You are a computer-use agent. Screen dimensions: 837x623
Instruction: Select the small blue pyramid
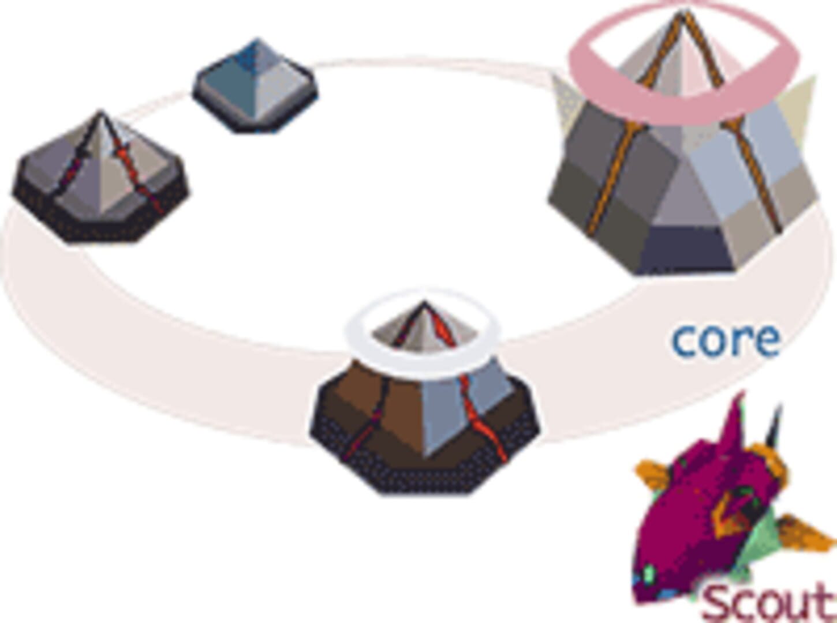click(255, 86)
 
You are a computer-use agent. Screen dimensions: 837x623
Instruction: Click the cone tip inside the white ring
click(424, 303)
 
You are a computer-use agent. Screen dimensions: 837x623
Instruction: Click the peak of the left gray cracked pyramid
click(100, 112)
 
